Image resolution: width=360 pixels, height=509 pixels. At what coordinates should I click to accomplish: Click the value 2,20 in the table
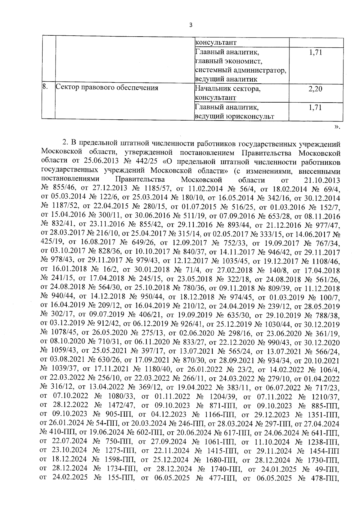[315, 89]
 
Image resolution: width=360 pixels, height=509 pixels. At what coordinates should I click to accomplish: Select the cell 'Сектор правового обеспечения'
[107, 88]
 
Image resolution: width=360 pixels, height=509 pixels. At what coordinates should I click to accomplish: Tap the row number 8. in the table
[45, 87]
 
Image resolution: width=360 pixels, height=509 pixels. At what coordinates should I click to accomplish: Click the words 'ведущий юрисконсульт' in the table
[234, 116]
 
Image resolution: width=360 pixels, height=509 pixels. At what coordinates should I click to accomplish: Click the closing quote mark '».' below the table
[337, 127]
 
